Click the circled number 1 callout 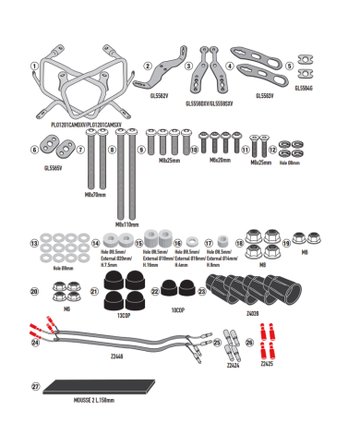point(33,66)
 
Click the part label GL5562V point(160,92)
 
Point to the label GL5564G point(304,88)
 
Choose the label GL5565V point(54,168)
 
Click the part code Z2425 point(266,364)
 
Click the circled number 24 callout point(35,342)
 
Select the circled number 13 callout point(34,245)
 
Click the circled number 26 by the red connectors point(249,341)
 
